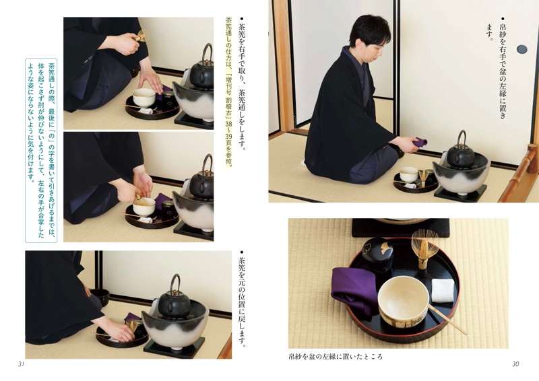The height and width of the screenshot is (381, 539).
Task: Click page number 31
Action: pyautogui.click(x=21, y=364)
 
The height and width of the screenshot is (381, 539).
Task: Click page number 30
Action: pyautogui.click(x=515, y=364)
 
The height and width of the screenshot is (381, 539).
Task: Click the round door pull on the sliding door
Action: pyautogui.click(x=521, y=49)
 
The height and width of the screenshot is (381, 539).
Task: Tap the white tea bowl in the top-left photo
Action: pyautogui.click(x=144, y=98)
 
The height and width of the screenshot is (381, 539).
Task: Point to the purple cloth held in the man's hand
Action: pyautogui.click(x=420, y=142)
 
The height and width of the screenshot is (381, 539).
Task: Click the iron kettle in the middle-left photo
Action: pyautogui.click(x=201, y=185)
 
